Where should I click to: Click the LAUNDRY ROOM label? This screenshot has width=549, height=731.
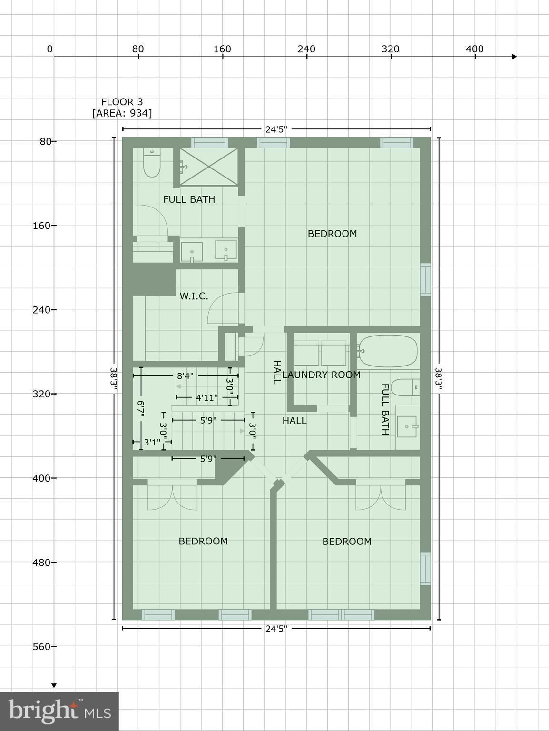[x=321, y=375]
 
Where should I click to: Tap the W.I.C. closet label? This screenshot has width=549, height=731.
[x=194, y=296]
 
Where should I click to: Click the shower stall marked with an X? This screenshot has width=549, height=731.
[x=208, y=167]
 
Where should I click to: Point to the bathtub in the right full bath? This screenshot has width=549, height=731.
[x=388, y=351]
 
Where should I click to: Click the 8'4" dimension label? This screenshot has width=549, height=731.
[x=185, y=376]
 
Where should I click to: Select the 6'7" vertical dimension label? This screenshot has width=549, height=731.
[x=141, y=409]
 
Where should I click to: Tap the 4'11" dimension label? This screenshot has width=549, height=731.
[x=206, y=397]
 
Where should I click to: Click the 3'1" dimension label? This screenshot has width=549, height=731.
[x=152, y=443]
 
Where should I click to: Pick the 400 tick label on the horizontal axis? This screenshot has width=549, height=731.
[x=474, y=49]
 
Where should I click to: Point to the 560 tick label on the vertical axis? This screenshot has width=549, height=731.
[x=41, y=646]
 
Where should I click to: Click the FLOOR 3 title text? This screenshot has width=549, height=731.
[x=122, y=102]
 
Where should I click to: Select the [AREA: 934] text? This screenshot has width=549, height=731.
[x=122, y=113]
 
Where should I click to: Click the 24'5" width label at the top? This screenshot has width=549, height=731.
[x=276, y=129]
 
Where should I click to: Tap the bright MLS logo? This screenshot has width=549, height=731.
[x=59, y=711]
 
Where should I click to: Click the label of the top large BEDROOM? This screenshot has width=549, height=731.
[x=332, y=234]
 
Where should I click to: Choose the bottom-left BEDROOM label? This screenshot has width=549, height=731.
[x=203, y=541]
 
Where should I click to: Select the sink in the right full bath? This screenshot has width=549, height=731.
[x=407, y=426]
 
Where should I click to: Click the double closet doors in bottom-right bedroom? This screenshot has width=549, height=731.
[x=381, y=496]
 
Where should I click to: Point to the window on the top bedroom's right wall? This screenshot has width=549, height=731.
[x=425, y=279]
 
